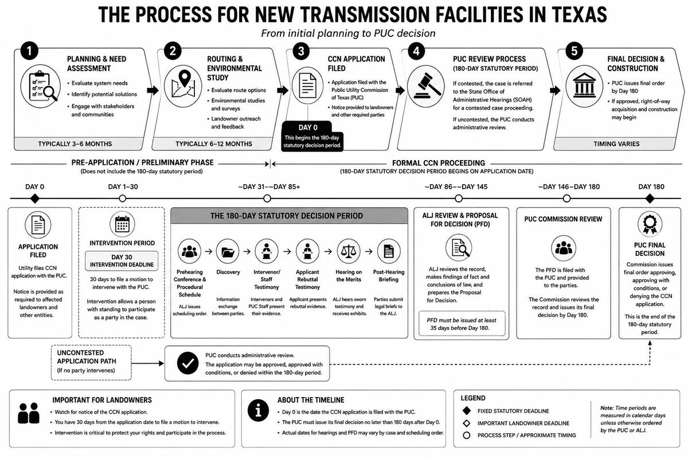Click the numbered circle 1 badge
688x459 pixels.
click(x=29, y=50)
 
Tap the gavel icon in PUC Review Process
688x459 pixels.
click(x=426, y=85)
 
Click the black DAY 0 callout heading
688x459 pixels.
click(x=308, y=127)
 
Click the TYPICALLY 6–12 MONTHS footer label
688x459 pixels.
click(x=214, y=144)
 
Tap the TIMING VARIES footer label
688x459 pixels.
click(x=616, y=144)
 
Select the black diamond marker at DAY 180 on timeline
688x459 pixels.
click(x=650, y=199)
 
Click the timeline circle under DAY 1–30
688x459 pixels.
click(x=123, y=199)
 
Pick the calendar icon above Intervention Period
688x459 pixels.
click(x=122, y=224)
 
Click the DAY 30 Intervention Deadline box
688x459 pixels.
click(x=122, y=261)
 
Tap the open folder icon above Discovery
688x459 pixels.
click(x=228, y=251)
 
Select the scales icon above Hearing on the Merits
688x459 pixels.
click(x=349, y=251)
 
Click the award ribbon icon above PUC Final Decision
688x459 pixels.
click(x=650, y=224)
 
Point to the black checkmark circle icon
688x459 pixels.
click(x=187, y=363)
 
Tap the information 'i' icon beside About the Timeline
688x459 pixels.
click(x=259, y=410)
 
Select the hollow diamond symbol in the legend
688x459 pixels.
click(x=467, y=423)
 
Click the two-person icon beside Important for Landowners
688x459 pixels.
click(x=29, y=413)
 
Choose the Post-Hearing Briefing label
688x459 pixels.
click(x=389, y=276)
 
